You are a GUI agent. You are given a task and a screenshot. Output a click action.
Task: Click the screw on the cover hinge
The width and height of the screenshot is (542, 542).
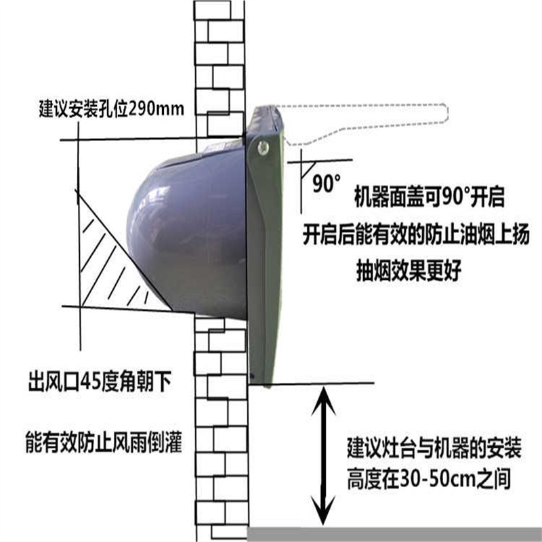click(x=263, y=148)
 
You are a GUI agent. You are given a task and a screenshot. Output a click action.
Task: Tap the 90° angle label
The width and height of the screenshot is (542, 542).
click(x=326, y=183)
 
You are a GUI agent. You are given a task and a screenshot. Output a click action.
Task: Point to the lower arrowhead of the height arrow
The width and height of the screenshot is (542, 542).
click(x=323, y=511)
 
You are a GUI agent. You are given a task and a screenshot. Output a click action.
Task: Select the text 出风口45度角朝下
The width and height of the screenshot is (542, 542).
click(x=100, y=381)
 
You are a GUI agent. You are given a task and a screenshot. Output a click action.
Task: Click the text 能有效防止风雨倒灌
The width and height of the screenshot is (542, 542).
click(x=104, y=442)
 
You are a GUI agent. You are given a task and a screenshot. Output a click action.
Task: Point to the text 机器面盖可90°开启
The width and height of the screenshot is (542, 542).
click(x=430, y=196)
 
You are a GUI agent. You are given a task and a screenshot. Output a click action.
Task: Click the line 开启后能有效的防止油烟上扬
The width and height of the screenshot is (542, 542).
click(x=416, y=234)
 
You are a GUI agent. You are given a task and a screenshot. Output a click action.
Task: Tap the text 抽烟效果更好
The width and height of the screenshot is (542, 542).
click(x=409, y=270)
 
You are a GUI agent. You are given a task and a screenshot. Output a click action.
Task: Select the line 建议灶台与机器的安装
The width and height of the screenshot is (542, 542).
click(x=434, y=448)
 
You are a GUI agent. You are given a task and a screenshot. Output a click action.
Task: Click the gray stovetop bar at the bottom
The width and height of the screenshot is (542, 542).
click(x=394, y=535)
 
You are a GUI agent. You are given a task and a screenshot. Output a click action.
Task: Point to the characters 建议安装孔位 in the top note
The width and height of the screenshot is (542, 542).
click(x=83, y=109)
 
